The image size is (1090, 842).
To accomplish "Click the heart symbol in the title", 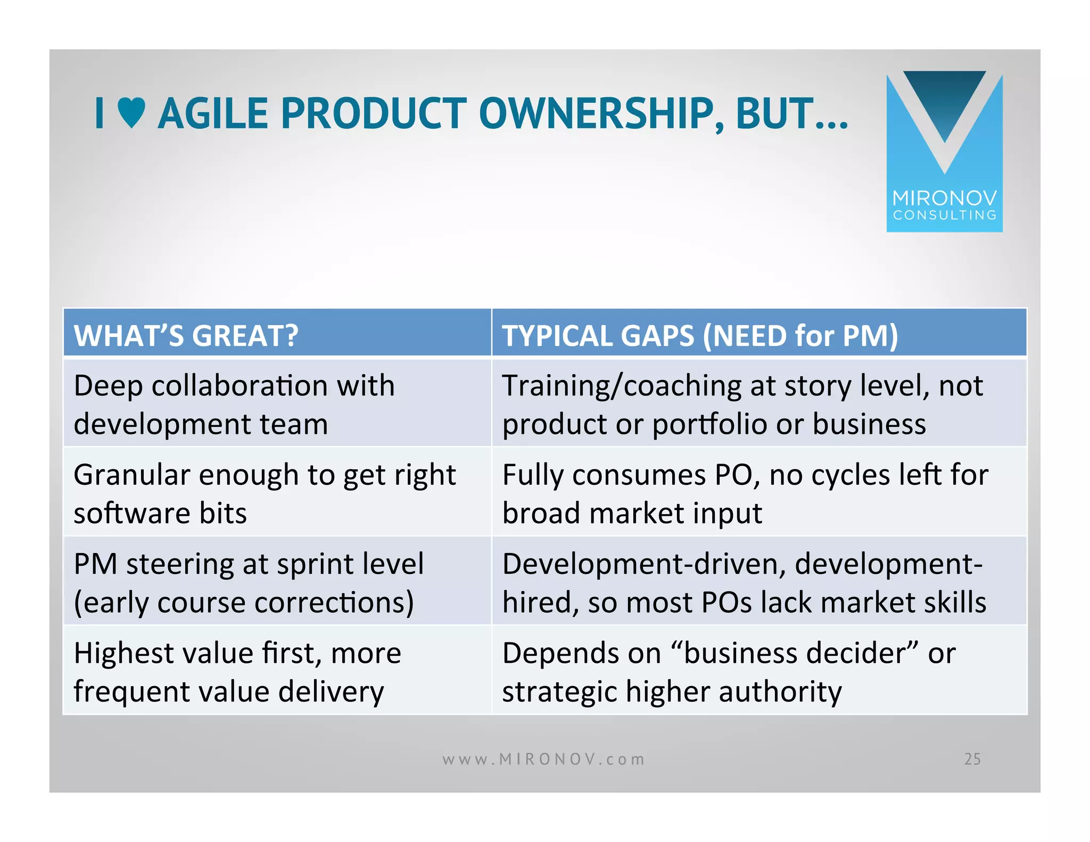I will [131, 113].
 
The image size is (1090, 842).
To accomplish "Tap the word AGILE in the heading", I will [213, 114].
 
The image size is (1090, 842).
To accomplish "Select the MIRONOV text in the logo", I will [944, 199].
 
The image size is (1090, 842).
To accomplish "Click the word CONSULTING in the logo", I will [944, 215].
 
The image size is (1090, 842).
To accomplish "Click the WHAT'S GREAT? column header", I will [186, 336].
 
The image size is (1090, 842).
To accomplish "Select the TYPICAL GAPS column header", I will [700, 336].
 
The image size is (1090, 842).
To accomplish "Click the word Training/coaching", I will [621, 386].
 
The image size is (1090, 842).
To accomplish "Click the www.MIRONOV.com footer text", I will [543, 759].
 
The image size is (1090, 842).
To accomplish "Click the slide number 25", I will [972, 759].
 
